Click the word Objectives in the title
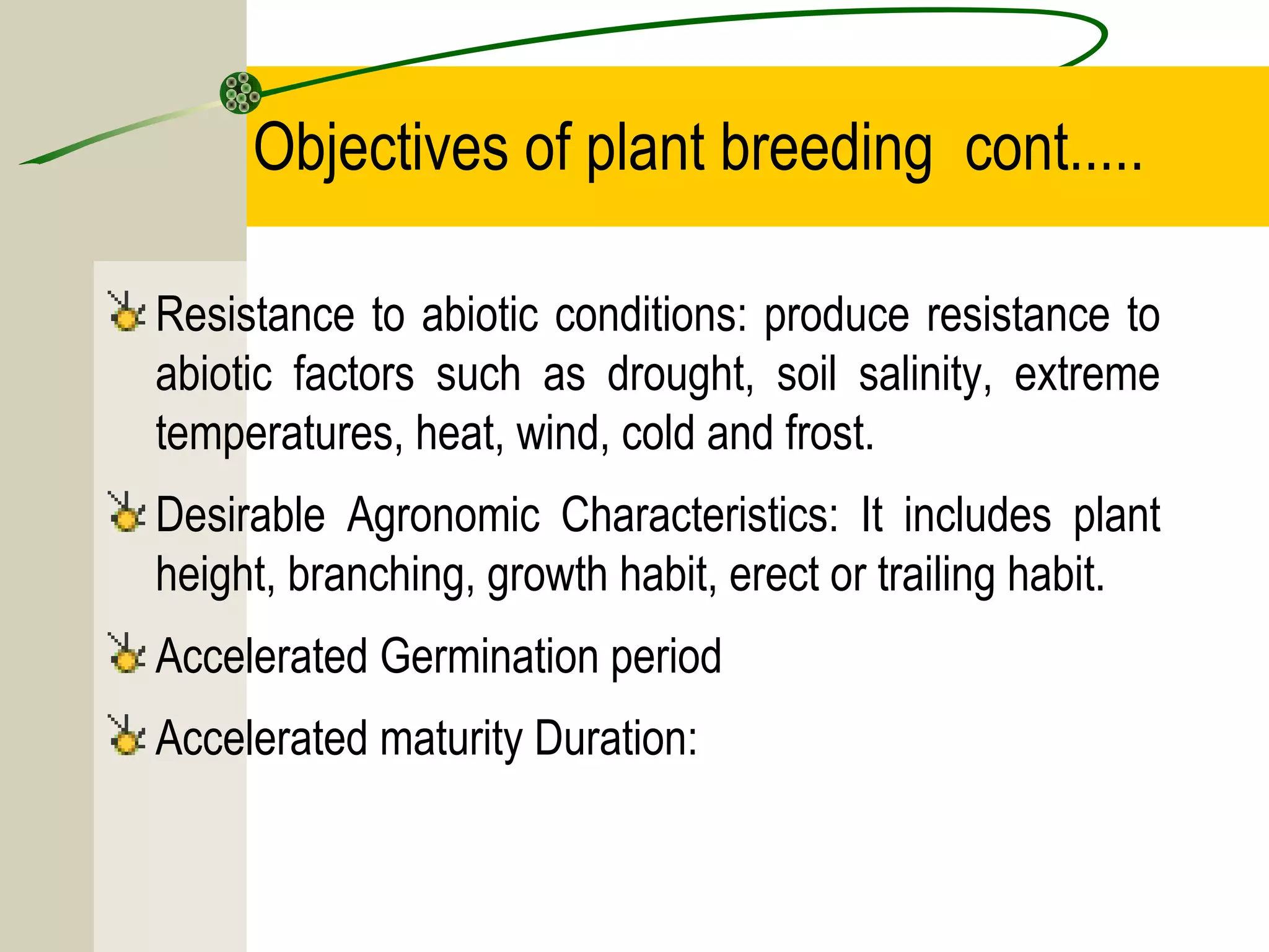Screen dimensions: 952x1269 pyautogui.click(x=380, y=149)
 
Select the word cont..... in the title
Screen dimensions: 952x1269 pyautogui.click(x=1053, y=149)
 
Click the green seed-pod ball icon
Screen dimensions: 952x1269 pyautogui.click(x=241, y=93)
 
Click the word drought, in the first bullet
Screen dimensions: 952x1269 pyautogui.click(x=680, y=376)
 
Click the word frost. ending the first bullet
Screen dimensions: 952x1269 pyautogui.click(x=830, y=434)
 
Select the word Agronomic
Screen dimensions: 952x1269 pyautogui.click(x=443, y=516)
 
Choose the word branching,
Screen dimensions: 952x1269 pyautogui.click(x=381, y=575)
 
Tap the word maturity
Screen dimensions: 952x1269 pyautogui.click(x=451, y=739)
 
